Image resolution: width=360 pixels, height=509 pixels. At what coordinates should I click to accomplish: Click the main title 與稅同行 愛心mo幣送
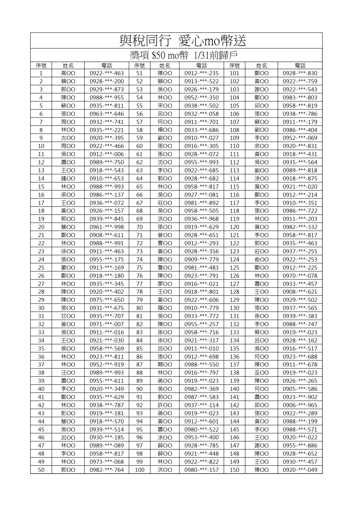pyautogui.click(x=183, y=41)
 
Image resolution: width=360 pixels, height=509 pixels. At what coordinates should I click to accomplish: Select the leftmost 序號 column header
pyautogui.click(x=41, y=66)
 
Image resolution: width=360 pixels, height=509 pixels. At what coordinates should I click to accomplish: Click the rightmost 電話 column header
pyautogui.click(x=300, y=66)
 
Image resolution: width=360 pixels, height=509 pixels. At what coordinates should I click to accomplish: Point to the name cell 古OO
pyautogui.click(x=68, y=138)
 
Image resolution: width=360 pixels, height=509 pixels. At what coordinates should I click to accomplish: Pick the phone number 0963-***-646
pyautogui.click(x=106, y=114)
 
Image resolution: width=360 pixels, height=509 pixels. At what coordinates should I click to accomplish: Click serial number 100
pyautogui.click(x=140, y=470)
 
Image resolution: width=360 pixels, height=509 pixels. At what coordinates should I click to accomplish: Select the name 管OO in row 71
pyautogui.click(x=165, y=235)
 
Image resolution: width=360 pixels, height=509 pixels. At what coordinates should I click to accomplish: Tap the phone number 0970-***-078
pyautogui.click(x=300, y=276)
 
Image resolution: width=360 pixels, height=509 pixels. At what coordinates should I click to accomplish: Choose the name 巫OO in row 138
pyautogui.click(x=261, y=373)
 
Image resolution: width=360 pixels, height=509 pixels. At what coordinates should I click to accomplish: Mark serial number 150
pyautogui.click(x=234, y=470)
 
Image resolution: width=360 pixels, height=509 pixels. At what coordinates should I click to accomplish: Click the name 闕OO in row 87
pyautogui.click(x=165, y=364)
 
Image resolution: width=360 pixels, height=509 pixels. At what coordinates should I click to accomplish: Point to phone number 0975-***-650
pyautogui.click(x=106, y=300)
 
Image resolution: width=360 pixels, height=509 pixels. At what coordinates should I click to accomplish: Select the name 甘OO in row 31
pyautogui.click(x=68, y=316)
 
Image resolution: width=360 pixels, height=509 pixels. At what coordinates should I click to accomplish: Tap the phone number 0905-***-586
pyautogui.click(x=300, y=389)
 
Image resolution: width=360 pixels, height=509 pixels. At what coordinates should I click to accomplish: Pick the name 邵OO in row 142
pyautogui.click(x=261, y=405)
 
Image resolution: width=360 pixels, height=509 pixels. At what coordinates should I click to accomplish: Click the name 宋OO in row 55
pyautogui.click(x=165, y=106)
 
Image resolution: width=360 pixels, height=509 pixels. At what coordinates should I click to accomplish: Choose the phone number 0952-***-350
pyautogui.click(x=201, y=98)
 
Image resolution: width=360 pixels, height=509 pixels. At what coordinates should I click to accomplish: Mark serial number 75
pyautogui.click(x=140, y=268)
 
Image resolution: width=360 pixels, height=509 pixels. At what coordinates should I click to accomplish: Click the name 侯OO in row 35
pyautogui.click(x=68, y=349)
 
